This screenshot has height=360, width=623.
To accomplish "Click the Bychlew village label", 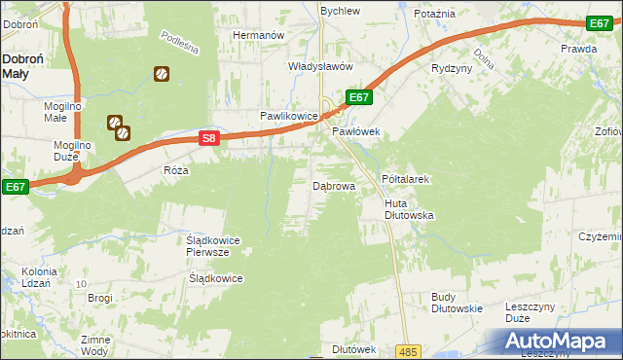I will click(x=341, y=11).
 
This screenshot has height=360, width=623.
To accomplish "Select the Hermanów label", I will click(x=257, y=35).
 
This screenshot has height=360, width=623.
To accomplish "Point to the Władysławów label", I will click(x=318, y=66).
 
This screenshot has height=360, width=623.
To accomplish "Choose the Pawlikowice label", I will click(x=289, y=116).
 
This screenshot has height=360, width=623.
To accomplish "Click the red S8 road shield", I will click(x=209, y=139).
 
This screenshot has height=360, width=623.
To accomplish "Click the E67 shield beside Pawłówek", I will click(x=358, y=97).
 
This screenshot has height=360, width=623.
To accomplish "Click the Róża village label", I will click(x=176, y=169).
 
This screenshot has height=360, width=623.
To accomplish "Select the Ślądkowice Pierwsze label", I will click(x=212, y=245).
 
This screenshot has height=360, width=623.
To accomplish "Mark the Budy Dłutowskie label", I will click(x=457, y=303).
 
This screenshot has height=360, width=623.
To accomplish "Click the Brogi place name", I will click(x=100, y=297).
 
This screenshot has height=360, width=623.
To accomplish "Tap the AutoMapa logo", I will click(x=557, y=342).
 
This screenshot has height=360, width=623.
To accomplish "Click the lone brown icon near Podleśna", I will click(x=161, y=73).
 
